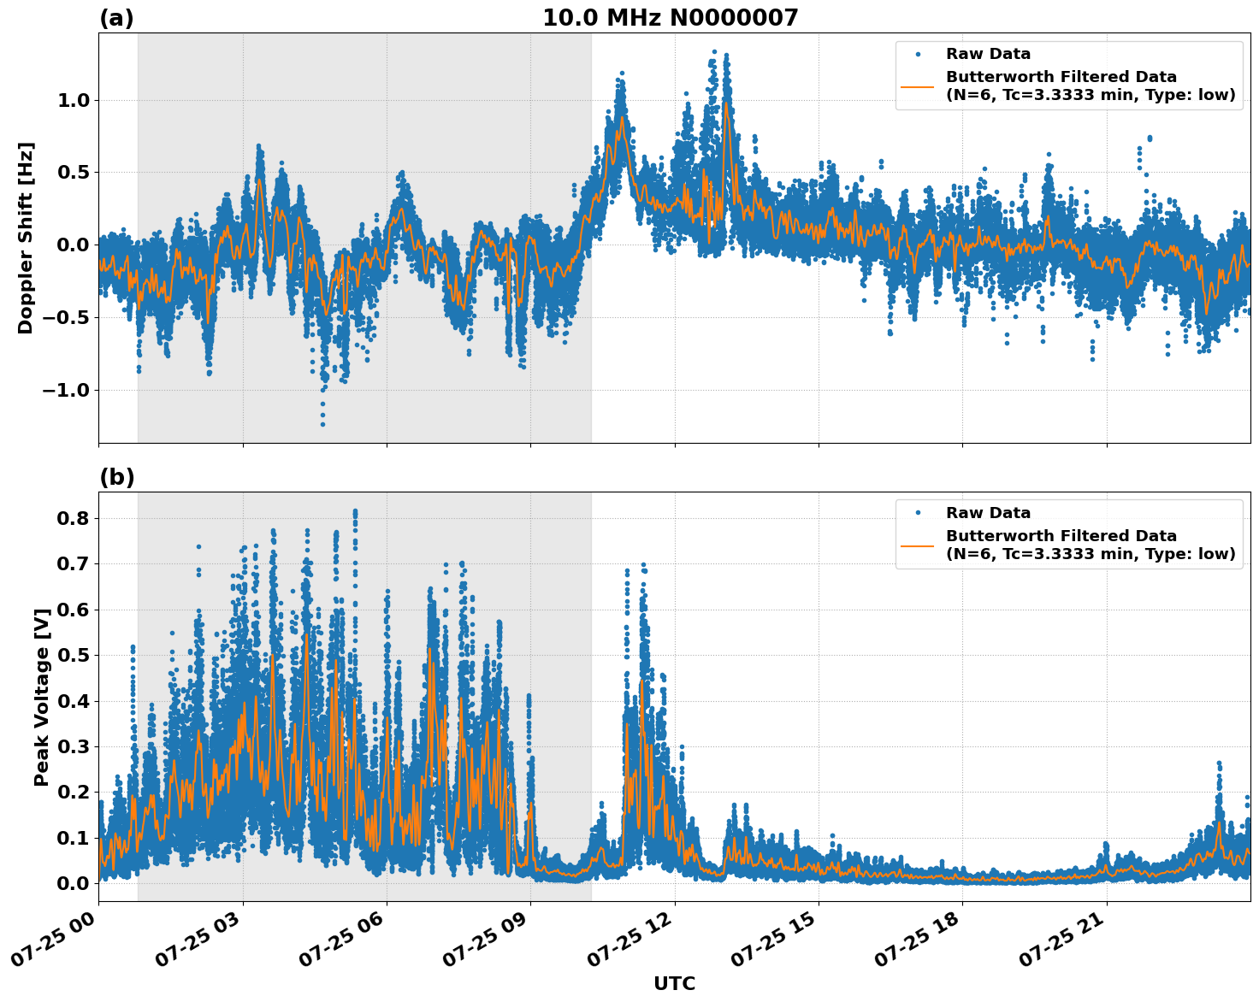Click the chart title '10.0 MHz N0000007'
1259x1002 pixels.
pos(670,18)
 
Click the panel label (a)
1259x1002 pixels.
pos(116,18)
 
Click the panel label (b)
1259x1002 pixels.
pos(116,477)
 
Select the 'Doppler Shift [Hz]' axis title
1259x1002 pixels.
pos(26,238)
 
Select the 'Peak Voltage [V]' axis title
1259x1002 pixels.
pos(41,697)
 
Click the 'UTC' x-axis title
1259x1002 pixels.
pos(674,983)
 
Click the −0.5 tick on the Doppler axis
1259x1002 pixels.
pos(65,318)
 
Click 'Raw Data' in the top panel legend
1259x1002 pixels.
pos(988,55)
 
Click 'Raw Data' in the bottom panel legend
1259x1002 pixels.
pos(988,513)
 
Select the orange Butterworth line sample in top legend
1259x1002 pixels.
pos(918,85)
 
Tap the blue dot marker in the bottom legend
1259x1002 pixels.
pos(918,513)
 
